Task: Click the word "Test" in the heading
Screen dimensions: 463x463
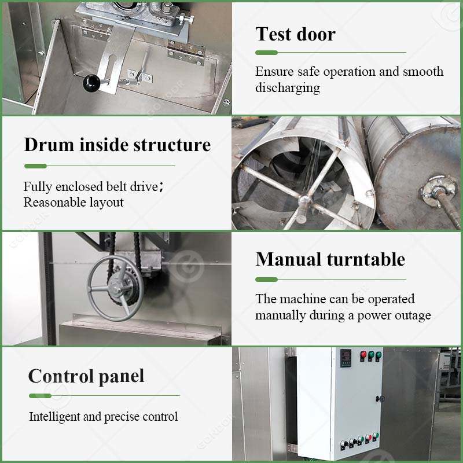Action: (274, 34)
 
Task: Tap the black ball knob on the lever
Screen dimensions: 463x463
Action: (91, 83)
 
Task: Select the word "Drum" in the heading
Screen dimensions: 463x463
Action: (49, 145)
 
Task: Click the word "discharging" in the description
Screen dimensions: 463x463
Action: (288, 88)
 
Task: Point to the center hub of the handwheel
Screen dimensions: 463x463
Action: (118, 286)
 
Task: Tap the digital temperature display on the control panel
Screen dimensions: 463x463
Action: (346, 358)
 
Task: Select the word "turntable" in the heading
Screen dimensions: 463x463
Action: (366, 259)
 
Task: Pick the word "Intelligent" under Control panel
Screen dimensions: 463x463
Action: (54, 417)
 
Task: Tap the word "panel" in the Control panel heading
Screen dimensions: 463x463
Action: (122, 377)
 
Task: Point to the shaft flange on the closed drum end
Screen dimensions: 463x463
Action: (436, 189)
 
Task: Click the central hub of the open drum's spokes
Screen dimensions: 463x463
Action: (304, 201)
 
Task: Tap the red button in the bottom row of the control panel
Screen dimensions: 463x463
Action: (368, 438)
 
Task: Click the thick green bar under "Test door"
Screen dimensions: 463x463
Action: (267, 53)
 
